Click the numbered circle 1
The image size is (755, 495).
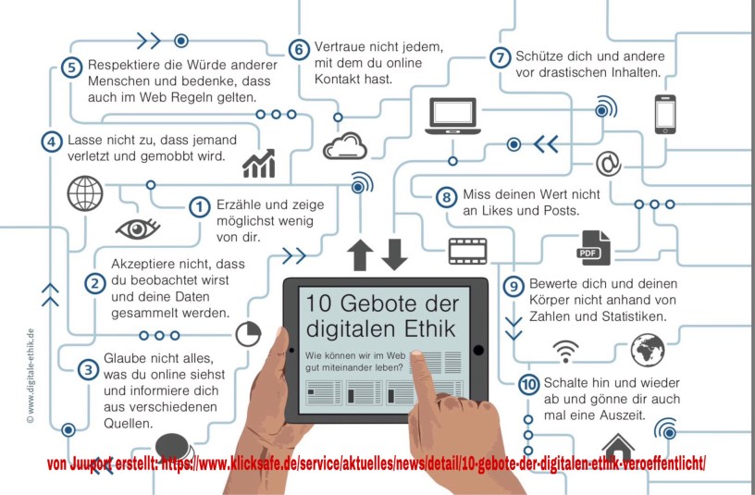tap(199, 207)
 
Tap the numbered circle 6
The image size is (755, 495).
tap(299, 50)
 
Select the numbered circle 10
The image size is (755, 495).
tap(528, 384)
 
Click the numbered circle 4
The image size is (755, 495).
tap(52, 142)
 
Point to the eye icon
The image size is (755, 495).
tap(138, 229)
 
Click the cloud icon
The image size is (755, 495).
tap(345, 146)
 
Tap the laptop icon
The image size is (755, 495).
tap(452, 116)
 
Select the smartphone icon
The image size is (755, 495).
tap(665, 114)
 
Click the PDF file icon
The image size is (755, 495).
tap(593, 248)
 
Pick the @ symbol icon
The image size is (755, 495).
tap(608, 164)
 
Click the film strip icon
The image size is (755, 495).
tap(467, 252)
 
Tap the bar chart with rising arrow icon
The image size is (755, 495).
tap(259, 163)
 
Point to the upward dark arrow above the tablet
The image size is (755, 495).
tap(360, 254)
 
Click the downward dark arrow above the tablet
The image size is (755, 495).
tap(394, 254)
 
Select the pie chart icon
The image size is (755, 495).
tap(249, 334)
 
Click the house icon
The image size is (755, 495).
tap(618, 447)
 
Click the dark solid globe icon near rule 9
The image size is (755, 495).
tap(648, 350)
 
